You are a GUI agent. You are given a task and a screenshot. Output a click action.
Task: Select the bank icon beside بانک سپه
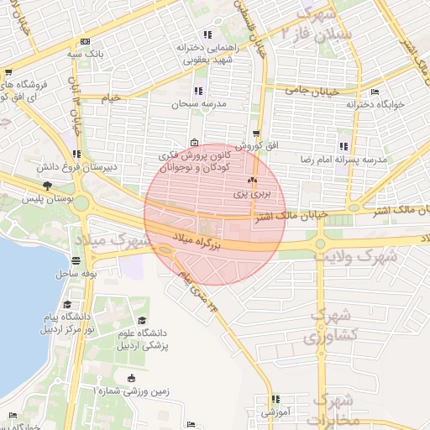click(x=85, y=41)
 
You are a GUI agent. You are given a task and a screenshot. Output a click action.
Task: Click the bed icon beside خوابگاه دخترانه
click(x=375, y=92)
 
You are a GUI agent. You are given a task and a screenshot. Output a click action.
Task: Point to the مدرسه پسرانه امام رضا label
click(x=343, y=159)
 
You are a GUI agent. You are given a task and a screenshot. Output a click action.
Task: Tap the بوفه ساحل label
click(x=74, y=274)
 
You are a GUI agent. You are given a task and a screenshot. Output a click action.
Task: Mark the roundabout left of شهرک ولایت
click(x=320, y=244)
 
